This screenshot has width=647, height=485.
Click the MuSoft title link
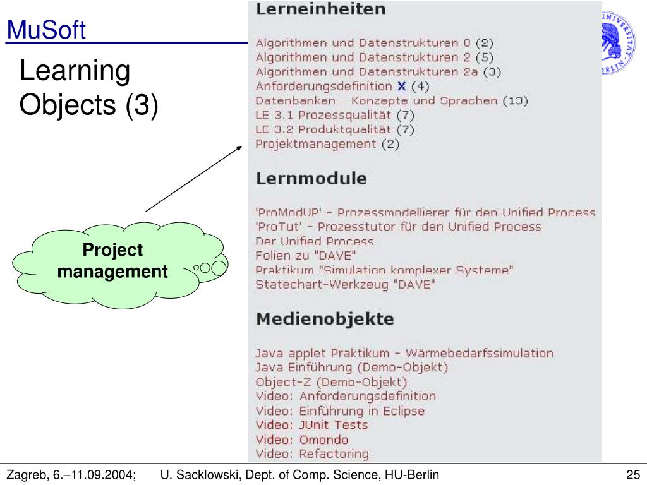pos(45,30)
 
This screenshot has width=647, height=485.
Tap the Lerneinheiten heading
pos(320,9)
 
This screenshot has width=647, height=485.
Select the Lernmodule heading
pos(311,178)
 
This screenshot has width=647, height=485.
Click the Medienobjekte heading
pos(325,319)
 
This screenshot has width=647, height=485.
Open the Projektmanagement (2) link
pos(327,144)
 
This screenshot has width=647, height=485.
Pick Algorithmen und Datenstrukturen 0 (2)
pos(374,43)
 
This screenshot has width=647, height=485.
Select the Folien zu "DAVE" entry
pos(306,256)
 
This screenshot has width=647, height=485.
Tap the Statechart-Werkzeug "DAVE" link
pos(345,285)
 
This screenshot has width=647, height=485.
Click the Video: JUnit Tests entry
pos(311,425)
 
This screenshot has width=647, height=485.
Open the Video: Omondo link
pos(301,440)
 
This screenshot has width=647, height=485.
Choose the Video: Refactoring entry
pos(311,453)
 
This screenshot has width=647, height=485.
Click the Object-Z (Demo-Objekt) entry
pos(331,382)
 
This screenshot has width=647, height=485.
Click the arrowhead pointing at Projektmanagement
pos(239,147)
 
